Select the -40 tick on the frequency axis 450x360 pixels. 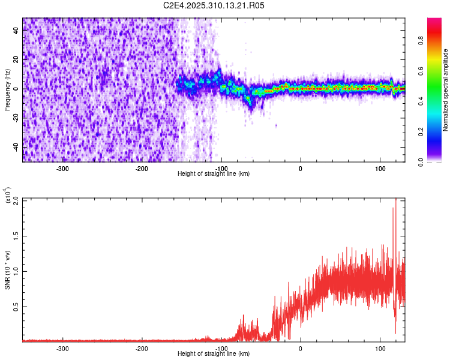pyautogui.click(x=16, y=147)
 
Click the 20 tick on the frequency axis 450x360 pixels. pyautogui.click(x=17, y=59)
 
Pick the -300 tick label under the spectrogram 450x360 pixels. pyautogui.click(x=63, y=169)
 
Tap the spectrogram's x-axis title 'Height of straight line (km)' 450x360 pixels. pyautogui.click(x=214, y=174)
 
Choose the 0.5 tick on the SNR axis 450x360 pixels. pyautogui.click(x=17, y=307)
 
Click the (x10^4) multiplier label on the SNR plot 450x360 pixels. pyautogui.click(x=8, y=196)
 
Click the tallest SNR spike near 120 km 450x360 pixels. pyautogui.click(x=395, y=201)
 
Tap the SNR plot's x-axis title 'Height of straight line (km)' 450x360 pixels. pyautogui.click(x=214, y=354)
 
